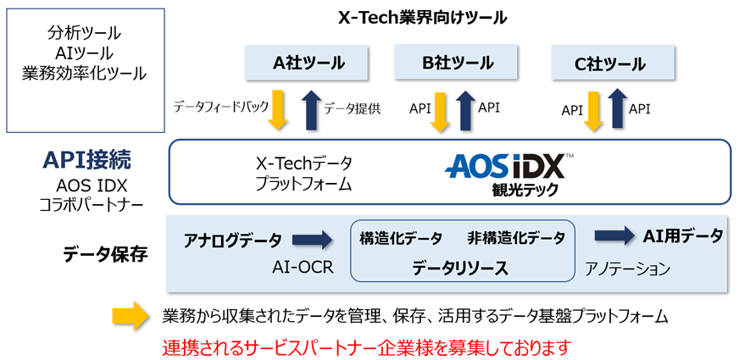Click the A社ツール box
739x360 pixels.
(308, 64)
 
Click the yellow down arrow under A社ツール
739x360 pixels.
(277, 109)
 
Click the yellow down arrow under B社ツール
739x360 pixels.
(440, 109)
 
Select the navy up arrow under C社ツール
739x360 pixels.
(616, 109)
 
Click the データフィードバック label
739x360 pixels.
(220, 108)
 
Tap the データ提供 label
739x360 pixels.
(353, 108)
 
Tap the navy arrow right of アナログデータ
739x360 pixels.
(314, 241)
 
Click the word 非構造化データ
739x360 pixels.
(516, 238)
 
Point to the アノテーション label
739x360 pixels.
(627, 269)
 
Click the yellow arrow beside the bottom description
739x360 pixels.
(132, 317)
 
